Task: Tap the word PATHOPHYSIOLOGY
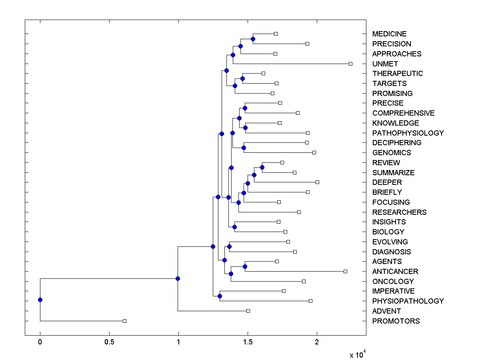408,133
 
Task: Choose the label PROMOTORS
396,321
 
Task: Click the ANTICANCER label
395,272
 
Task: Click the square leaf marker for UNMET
350,64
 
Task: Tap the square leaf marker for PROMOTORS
124,321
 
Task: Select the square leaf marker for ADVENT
248,311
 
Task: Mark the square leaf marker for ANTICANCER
345,271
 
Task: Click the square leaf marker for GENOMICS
314,152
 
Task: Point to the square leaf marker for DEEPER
317,182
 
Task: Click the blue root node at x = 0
40,300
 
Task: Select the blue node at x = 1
178,278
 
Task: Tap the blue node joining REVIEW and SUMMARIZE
262,167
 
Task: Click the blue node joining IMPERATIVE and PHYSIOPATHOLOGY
220,296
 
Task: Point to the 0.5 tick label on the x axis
109,342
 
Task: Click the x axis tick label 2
317,342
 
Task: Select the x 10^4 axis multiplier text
358,354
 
